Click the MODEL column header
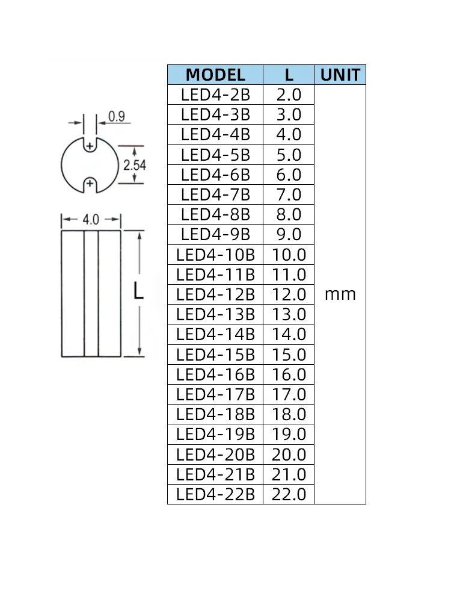point(215,75)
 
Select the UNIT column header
point(340,75)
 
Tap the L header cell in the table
point(289,75)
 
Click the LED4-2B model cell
point(215,95)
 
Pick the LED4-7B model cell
point(215,194)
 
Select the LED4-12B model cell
point(215,294)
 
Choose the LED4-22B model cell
point(215,494)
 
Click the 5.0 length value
point(289,155)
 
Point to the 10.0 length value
point(289,255)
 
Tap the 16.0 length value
point(289,374)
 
